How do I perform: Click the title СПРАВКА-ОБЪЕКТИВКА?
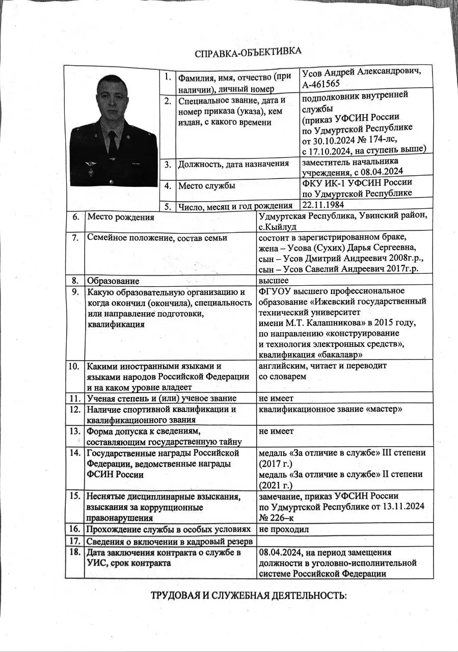click(x=248, y=52)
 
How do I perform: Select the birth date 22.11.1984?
click(x=323, y=205)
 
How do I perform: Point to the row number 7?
click(x=75, y=237)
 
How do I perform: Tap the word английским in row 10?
click(x=281, y=366)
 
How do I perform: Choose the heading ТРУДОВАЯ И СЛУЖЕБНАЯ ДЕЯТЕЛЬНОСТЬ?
click(x=248, y=596)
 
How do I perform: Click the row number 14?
click(x=75, y=453)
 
